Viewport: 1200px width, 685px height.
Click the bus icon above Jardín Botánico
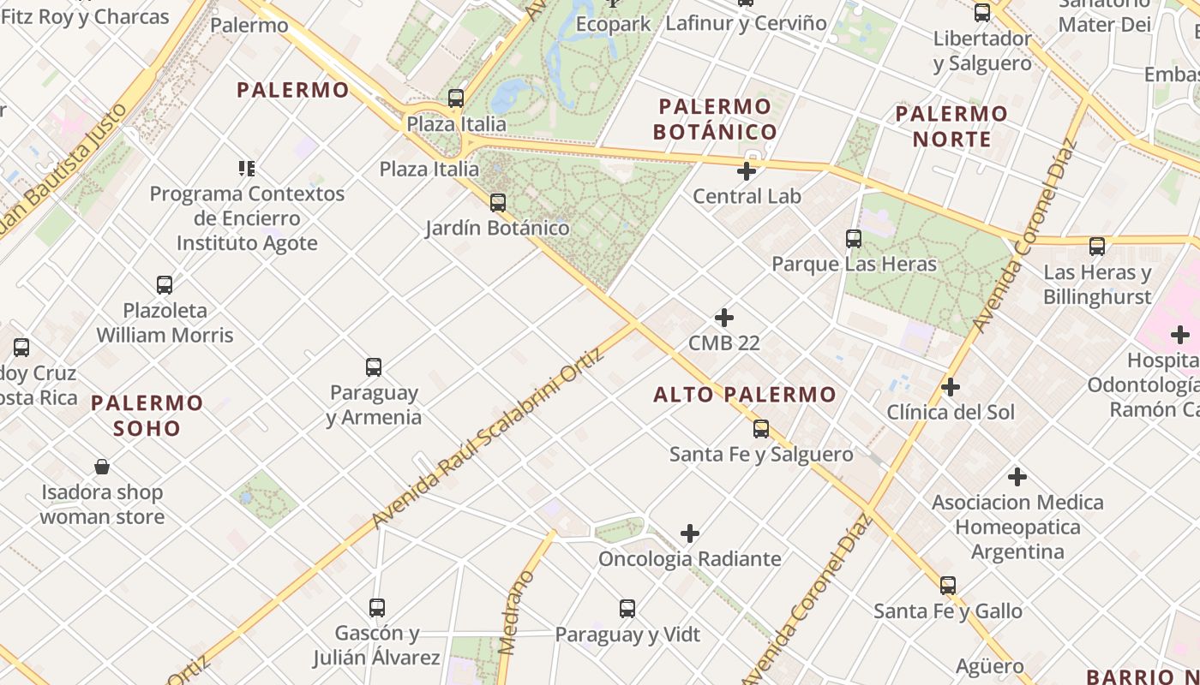click(x=497, y=203)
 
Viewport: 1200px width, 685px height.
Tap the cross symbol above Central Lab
click(x=747, y=171)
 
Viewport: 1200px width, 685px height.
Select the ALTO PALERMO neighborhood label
click(x=744, y=395)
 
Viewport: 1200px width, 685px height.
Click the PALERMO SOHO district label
click(x=147, y=415)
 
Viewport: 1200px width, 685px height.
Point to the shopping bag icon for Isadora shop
click(x=102, y=467)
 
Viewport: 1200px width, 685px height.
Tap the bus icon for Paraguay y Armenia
click(x=374, y=367)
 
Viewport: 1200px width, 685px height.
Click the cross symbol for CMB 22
click(x=724, y=318)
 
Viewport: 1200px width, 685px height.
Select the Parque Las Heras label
click(x=854, y=264)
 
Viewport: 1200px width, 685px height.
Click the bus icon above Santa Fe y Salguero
click(x=761, y=429)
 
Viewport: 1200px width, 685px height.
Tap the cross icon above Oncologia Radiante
click(x=690, y=534)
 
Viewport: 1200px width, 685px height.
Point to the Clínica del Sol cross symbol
click(x=951, y=387)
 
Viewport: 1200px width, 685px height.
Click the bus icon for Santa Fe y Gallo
click(x=948, y=586)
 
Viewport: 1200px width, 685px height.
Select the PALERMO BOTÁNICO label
click(x=715, y=119)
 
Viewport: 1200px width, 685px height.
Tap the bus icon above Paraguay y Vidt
click(x=627, y=609)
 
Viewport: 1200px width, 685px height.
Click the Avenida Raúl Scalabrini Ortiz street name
click(x=489, y=437)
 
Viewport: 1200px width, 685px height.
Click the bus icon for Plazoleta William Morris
click(x=165, y=285)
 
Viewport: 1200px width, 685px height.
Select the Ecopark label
click(x=613, y=24)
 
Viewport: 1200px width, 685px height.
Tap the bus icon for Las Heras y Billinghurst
click(x=1097, y=247)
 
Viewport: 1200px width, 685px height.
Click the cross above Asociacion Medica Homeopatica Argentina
click(x=1017, y=477)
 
